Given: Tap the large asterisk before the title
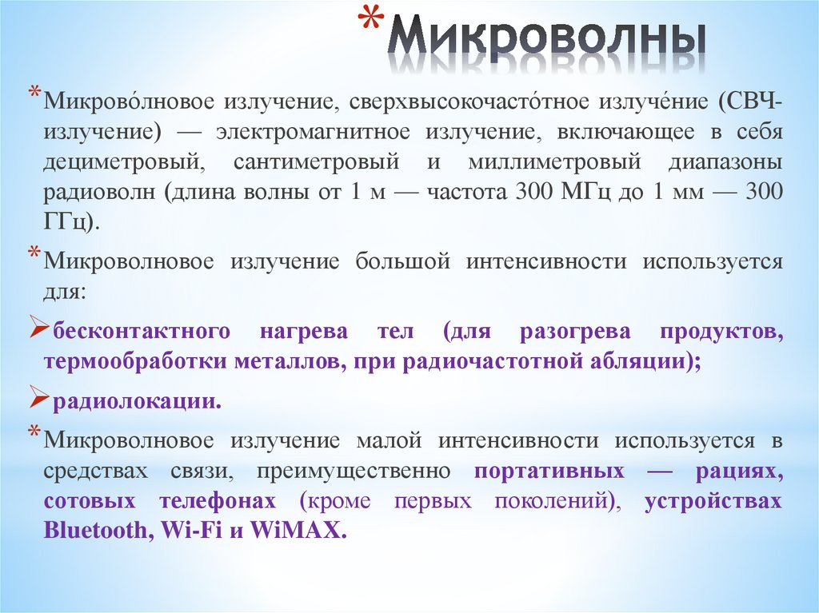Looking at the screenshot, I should click(x=370, y=23).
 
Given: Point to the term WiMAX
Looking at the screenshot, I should click(x=298, y=531).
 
